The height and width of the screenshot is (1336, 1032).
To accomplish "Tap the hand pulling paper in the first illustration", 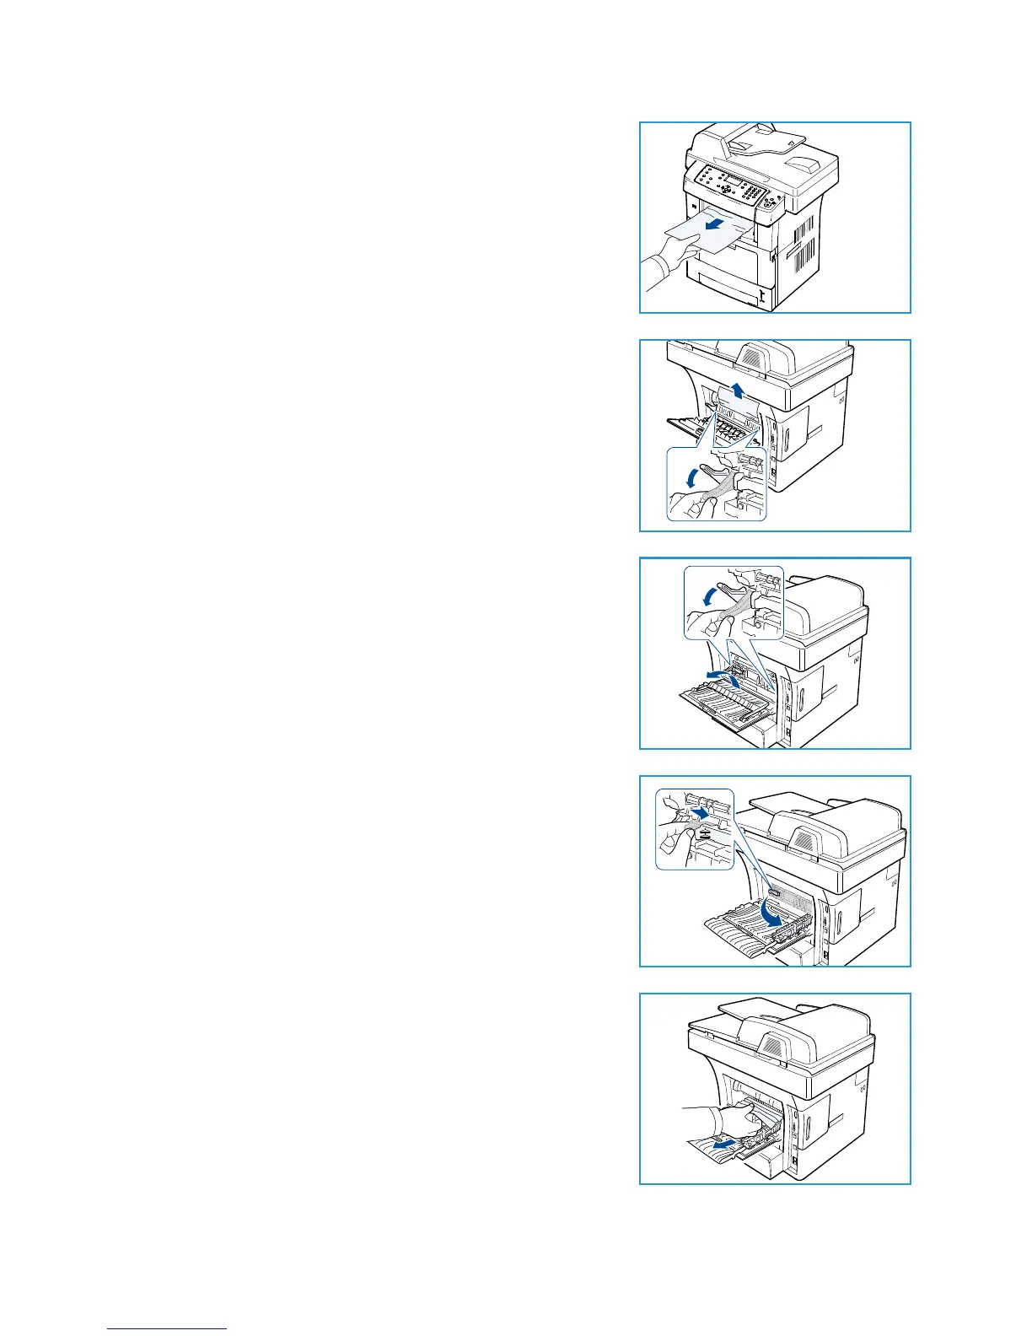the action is click(x=666, y=261).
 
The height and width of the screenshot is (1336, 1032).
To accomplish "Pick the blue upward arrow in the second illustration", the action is click(x=739, y=389).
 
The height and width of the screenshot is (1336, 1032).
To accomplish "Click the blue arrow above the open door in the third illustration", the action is click(x=726, y=676).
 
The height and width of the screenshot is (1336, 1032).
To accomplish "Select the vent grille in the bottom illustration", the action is click(x=769, y=1043).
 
